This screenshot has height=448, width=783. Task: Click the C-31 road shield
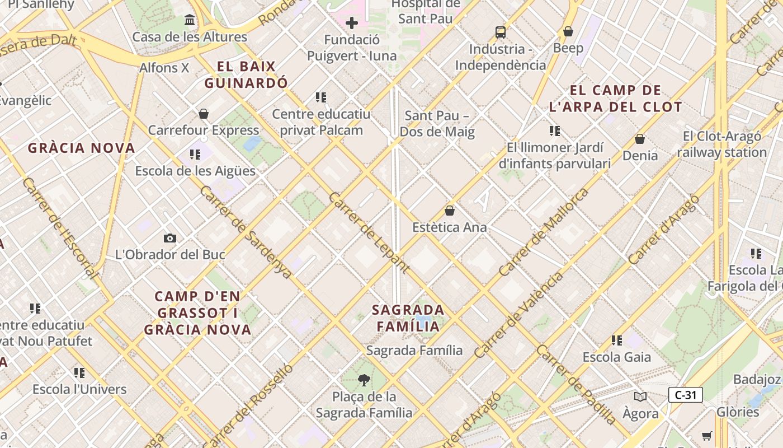(x=685, y=395)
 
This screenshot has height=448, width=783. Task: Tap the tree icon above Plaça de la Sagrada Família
(x=364, y=380)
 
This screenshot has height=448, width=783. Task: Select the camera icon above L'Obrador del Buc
(x=170, y=238)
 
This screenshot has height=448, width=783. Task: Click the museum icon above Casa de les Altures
(x=190, y=21)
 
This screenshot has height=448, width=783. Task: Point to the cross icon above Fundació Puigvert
(x=352, y=23)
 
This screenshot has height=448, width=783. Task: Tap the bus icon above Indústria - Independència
(x=501, y=32)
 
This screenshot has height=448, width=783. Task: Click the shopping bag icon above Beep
(x=568, y=31)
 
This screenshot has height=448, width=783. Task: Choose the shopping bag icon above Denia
(x=640, y=139)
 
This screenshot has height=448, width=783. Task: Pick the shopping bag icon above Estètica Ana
(x=449, y=211)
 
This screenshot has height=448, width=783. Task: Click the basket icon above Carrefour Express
(x=204, y=114)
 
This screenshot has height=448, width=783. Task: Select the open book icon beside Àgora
(x=640, y=397)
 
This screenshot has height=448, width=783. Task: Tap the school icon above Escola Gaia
(x=617, y=340)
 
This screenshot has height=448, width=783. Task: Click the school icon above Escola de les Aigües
(x=195, y=154)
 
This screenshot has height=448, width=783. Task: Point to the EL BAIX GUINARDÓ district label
(x=246, y=75)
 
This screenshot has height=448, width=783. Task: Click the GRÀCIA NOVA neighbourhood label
(x=82, y=148)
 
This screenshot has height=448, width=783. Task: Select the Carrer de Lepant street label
(x=369, y=232)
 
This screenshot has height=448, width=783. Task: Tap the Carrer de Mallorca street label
(x=544, y=232)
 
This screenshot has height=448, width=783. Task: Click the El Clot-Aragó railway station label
(x=722, y=144)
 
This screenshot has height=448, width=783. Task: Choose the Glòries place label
(x=738, y=412)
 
